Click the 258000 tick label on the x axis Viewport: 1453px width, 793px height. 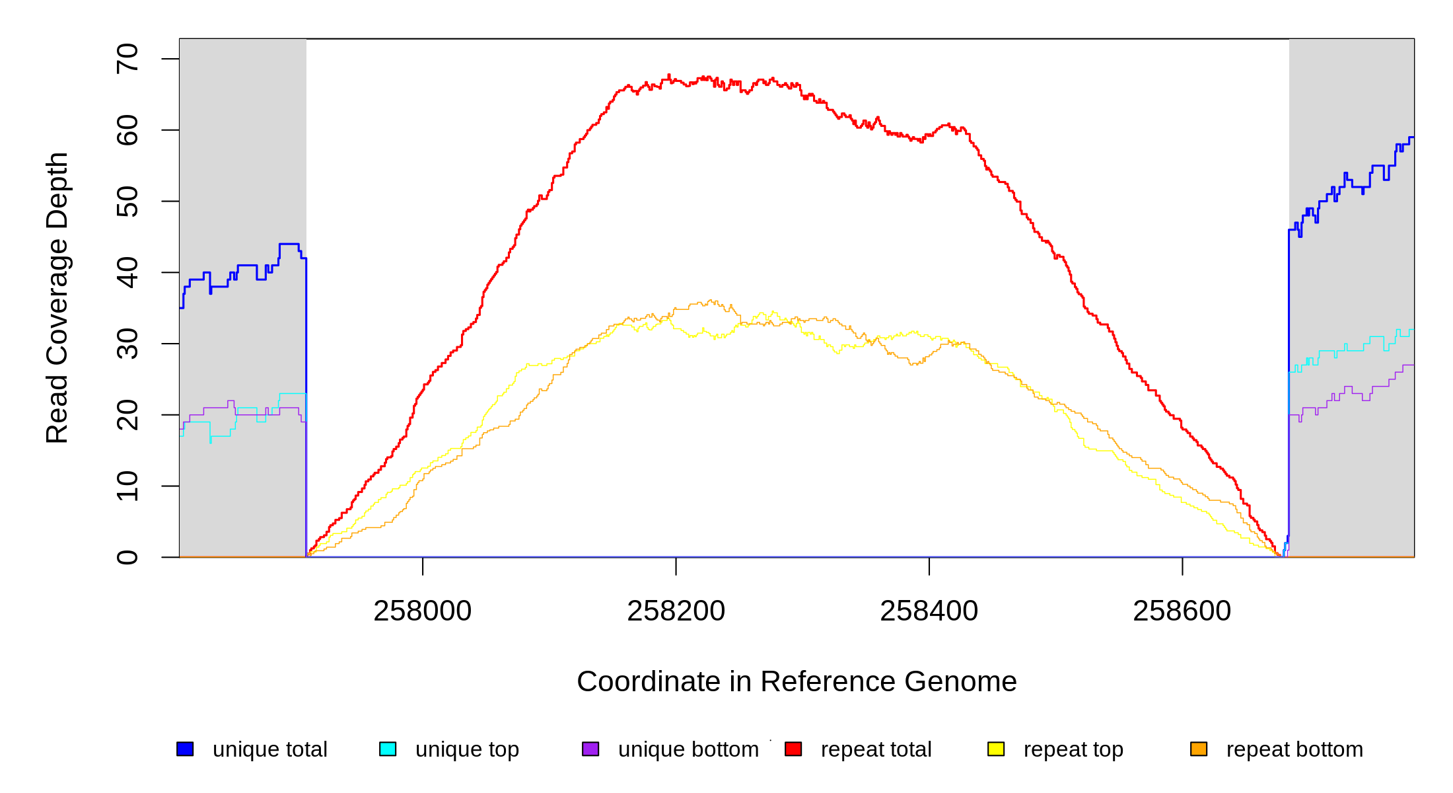[x=423, y=611]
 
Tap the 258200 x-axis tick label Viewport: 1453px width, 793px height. [x=676, y=611]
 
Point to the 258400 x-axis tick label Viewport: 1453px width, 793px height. [x=929, y=611]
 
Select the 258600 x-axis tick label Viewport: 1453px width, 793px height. [x=1182, y=611]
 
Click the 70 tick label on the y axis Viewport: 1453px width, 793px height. [x=127, y=59]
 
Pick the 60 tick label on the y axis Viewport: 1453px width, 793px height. [x=127, y=130]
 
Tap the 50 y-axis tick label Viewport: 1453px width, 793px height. [x=127, y=202]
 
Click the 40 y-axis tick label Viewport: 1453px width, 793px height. [x=127, y=272]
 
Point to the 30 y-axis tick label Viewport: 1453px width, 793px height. [x=127, y=344]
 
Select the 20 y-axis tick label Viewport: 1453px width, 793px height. [x=127, y=415]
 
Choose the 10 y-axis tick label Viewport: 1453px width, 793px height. [x=127, y=486]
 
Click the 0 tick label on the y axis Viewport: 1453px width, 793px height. [x=127, y=557]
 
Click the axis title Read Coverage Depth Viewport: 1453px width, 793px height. [x=57, y=298]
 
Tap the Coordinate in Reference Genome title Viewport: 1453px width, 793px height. [x=797, y=681]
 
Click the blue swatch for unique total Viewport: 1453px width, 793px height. [x=185, y=749]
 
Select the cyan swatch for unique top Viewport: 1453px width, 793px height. [x=388, y=749]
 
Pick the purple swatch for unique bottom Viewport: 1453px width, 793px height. [x=590, y=749]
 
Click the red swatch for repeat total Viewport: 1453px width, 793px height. [x=793, y=749]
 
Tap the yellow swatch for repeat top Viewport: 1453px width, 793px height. [x=996, y=749]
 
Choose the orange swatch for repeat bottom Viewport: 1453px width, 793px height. [x=1199, y=749]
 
